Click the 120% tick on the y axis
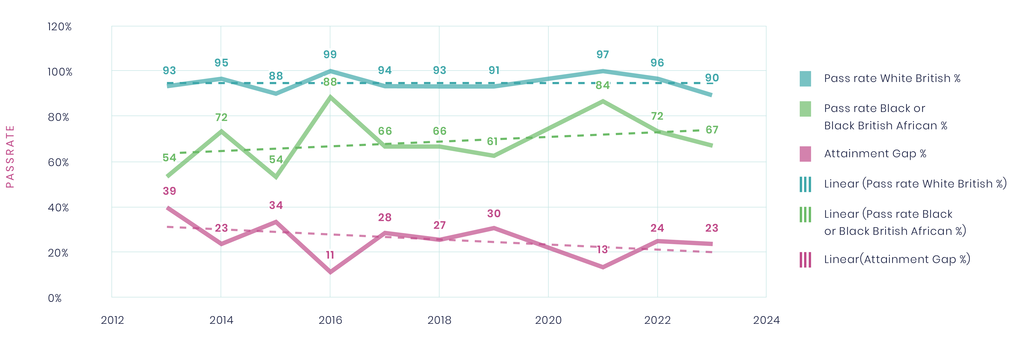click(x=59, y=27)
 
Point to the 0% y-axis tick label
click(x=55, y=298)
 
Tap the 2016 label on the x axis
click(x=330, y=320)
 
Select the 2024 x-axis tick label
click(x=766, y=320)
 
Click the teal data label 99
click(x=330, y=55)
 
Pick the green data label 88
click(x=330, y=82)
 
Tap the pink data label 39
click(x=169, y=191)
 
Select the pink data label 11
click(x=330, y=255)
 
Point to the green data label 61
click(x=492, y=141)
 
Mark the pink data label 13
click(x=602, y=250)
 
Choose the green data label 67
click(x=712, y=130)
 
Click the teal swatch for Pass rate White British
click(x=805, y=79)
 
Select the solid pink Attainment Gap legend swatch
click(x=805, y=154)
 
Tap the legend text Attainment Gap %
click(x=875, y=154)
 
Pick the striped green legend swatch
click(x=805, y=215)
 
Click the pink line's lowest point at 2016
click(x=330, y=272)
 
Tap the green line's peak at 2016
click(x=330, y=97)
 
